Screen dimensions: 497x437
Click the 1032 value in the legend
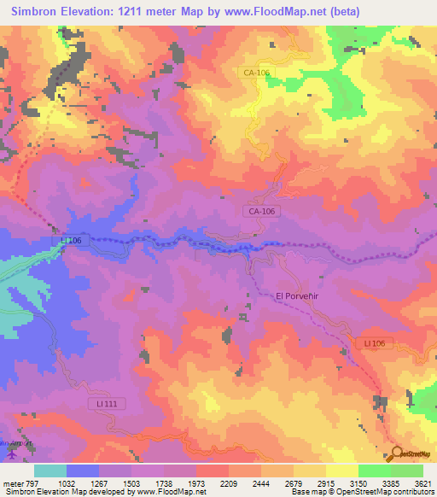tap(66, 482)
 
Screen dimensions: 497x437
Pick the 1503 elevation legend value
tap(131, 482)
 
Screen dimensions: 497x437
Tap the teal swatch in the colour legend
tap(50, 471)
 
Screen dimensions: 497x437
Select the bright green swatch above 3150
tap(375, 471)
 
